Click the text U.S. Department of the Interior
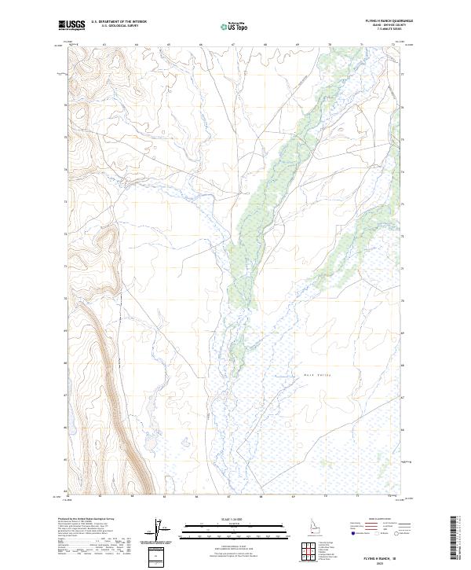pos(119,22)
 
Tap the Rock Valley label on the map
pos(316,375)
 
